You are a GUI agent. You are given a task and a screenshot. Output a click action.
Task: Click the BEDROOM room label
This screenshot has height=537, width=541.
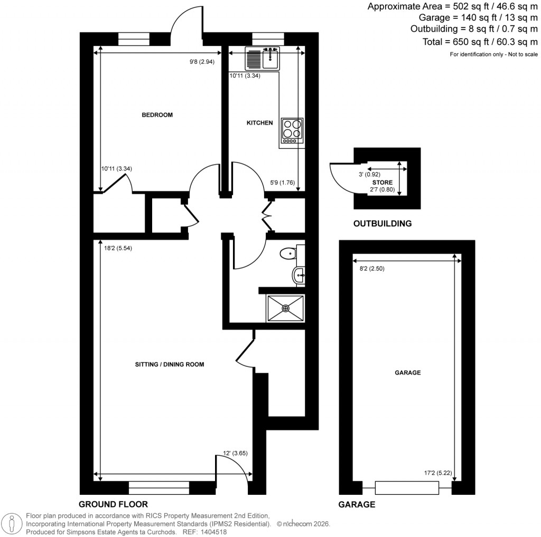pyautogui.click(x=157, y=114)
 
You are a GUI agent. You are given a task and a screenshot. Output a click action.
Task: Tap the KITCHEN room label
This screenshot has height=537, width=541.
pyautogui.click(x=260, y=123)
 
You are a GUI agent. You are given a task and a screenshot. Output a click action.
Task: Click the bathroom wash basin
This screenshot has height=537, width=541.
pyautogui.click(x=299, y=274)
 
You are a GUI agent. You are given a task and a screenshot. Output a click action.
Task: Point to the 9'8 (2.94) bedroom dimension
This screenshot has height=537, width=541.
pyautogui.click(x=203, y=62)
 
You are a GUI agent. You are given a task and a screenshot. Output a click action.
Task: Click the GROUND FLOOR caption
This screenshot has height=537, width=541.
pyautogui.click(x=113, y=504)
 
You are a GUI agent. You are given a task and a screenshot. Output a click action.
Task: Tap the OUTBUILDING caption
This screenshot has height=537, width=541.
pyautogui.click(x=382, y=223)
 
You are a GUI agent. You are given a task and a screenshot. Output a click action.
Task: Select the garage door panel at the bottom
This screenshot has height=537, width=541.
pyautogui.click(x=407, y=487)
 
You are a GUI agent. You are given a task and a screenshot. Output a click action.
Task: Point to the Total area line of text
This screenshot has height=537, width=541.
pyautogui.click(x=480, y=42)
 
